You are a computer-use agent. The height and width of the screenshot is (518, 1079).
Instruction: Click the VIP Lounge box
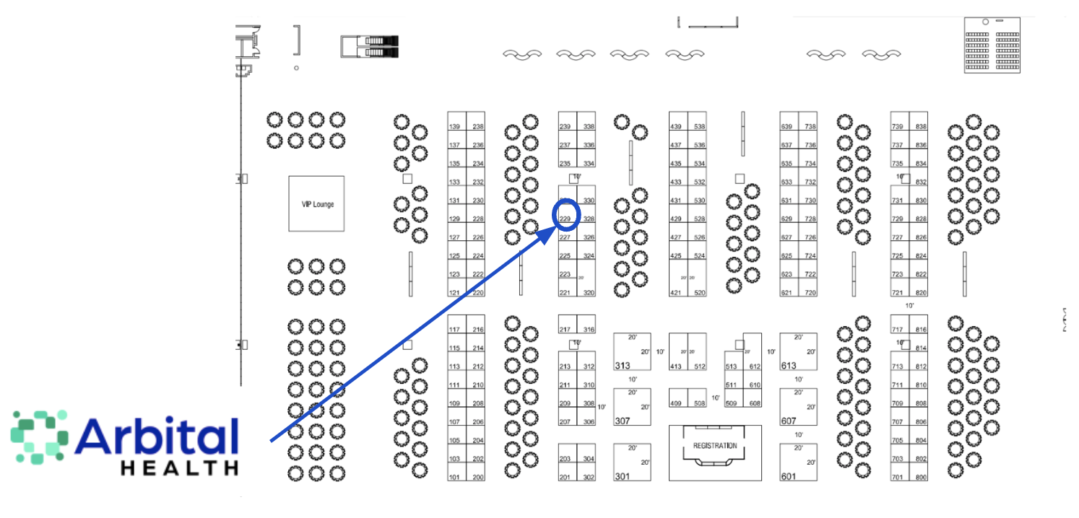(316, 203)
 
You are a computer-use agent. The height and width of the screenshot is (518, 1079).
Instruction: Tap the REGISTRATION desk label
(715, 446)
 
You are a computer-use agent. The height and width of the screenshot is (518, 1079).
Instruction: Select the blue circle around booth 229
(566, 214)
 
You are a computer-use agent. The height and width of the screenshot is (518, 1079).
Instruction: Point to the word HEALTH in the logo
(179, 468)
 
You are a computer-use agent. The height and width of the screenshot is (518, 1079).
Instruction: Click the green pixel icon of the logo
(39, 436)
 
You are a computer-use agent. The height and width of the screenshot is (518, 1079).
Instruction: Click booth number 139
(455, 127)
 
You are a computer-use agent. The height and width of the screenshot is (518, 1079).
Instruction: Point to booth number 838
(921, 127)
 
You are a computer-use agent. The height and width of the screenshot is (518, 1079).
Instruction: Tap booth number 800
(921, 478)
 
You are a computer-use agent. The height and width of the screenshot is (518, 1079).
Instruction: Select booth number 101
(455, 478)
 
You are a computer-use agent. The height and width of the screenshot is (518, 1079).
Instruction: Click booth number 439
(676, 127)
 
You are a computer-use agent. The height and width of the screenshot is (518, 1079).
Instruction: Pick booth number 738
(810, 127)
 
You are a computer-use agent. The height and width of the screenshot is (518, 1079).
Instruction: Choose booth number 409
(676, 403)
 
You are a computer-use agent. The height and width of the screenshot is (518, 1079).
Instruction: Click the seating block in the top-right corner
(992, 45)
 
